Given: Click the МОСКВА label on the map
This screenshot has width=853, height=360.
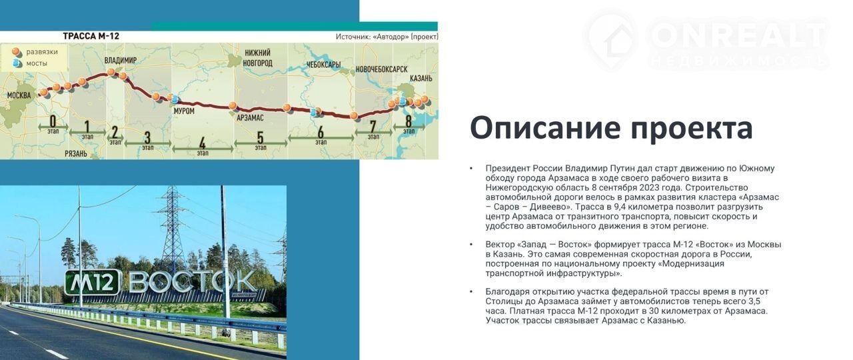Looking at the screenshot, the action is click(19, 95).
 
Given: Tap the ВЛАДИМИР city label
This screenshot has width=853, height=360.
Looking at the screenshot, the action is click(121, 60).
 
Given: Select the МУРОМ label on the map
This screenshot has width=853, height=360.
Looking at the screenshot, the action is click(184, 111).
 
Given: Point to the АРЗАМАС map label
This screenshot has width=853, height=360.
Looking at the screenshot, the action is click(250, 118).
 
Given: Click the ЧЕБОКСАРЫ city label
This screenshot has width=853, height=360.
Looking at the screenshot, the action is click(323, 65).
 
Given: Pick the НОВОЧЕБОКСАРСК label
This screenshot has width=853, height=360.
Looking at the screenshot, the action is click(382, 69).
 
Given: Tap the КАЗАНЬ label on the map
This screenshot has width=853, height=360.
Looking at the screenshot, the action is click(421, 79).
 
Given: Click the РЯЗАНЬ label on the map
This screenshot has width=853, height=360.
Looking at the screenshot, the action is click(76, 154).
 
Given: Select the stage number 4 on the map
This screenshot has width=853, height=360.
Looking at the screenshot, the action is click(203, 143).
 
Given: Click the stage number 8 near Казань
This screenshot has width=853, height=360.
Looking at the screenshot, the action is click(409, 121).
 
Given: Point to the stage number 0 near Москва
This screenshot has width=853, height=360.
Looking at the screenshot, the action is click(53, 121).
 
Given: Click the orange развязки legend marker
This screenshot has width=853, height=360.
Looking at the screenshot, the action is click(15, 51).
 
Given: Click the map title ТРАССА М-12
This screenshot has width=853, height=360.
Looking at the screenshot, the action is click(91, 36).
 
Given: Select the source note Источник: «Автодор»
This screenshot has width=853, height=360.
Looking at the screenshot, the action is click(387, 37).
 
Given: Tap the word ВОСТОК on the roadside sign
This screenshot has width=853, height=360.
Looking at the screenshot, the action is click(193, 281).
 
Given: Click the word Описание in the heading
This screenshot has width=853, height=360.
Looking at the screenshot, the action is click(546, 128).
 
